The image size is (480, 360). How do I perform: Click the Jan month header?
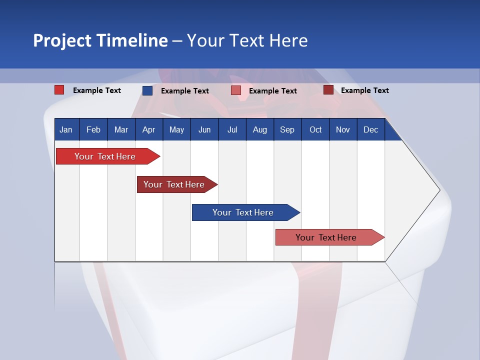pyautogui.click(x=66, y=129)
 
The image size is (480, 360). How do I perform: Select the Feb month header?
pyautogui.click(x=93, y=129)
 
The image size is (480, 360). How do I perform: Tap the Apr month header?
pyautogui.click(x=148, y=129)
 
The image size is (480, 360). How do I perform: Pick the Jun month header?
pyautogui.click(x=204, y=129)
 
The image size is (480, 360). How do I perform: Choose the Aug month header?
pyautogui.click(x=259, y=129)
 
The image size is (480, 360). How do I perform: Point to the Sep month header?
pyautogui.click(x=287, y=129)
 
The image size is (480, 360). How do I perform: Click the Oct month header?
pyautogui.click(x=315, y=129)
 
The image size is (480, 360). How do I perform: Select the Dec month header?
pyautogui.click(x=370, y=129)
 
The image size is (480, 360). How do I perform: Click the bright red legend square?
pyautogui.click(x=59, y=90)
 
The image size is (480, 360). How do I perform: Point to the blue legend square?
pyautogui.click(x=147, y=90)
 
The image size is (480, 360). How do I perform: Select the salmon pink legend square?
pyautogui.click(x=236, y=90)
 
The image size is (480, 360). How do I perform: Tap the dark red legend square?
pyautogui.click(x=328, y=90)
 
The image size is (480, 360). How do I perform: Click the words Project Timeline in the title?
pyautogui.click(x=100, y=40)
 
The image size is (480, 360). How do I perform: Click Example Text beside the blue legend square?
pyautogui.click(x=184, y=91)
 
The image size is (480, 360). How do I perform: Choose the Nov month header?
pyautogui.click(x=343, y=129)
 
